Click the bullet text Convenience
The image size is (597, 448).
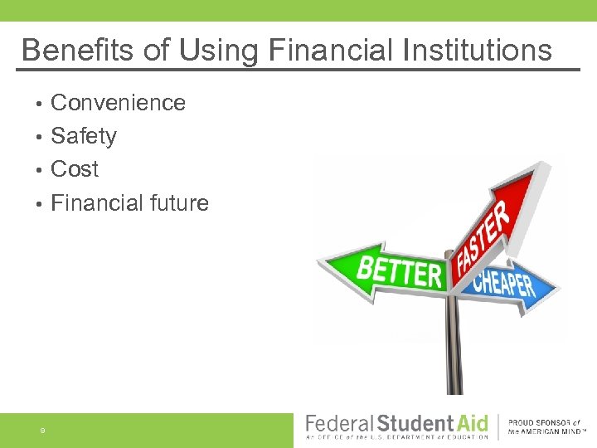point(118,103)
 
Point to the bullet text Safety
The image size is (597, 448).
point(84,136)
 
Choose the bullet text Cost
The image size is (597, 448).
point(75,169)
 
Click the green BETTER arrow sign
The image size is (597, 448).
point(390,270)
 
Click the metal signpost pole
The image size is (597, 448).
point(454,348)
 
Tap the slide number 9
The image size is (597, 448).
point(41,431)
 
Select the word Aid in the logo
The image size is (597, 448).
point(473,423)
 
